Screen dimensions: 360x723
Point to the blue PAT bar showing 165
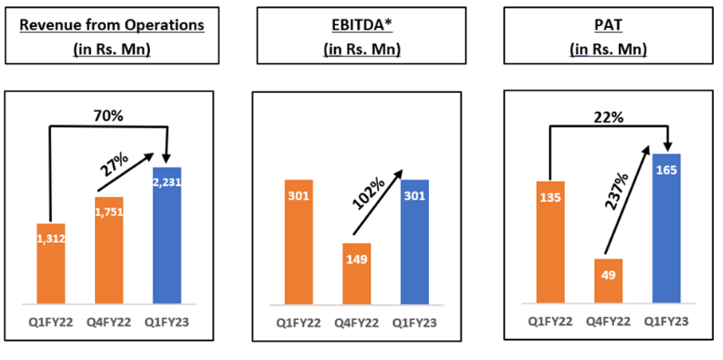coord(667,228)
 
